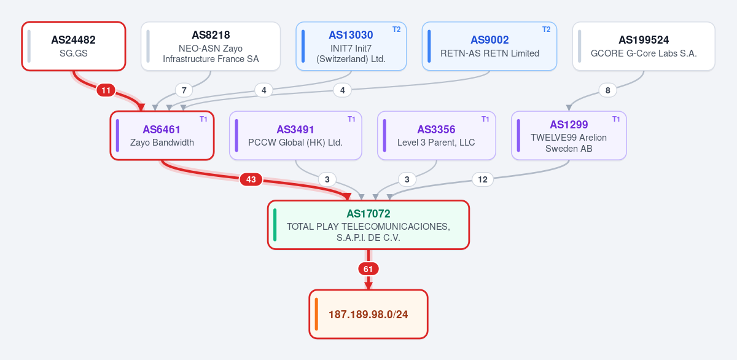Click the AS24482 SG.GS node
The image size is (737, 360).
(x=74, y=46)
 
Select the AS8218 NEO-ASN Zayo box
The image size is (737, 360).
(x=211, y=46)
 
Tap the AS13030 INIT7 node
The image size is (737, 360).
(x=351, y=46)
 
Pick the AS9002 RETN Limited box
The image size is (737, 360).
(x=489, y=46)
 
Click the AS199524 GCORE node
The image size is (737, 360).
(x=644, y=46)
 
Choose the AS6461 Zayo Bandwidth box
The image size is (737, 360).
(x=162, y=136)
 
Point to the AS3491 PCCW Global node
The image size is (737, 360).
(x=295, y=136)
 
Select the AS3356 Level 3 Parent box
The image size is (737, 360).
(x=437, y=136)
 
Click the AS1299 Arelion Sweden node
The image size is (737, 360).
(x=569, y=136)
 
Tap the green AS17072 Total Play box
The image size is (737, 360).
(x=368, y=225)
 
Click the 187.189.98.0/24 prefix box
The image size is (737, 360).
(x=368, y=315)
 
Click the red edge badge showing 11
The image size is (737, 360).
(x=106, y=90)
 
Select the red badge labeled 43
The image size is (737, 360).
(x=251, y=179)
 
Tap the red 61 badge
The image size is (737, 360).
(x=368, y=269)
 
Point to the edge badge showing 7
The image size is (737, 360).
(x=184, y=90)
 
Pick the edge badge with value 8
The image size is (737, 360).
(x=607, y=90)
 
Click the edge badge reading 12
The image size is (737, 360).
(x=483, y=179)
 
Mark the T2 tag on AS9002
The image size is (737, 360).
(x=546, y=29)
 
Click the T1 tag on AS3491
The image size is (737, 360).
(x=351, y=119)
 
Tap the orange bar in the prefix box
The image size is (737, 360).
(x=316, y=315)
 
